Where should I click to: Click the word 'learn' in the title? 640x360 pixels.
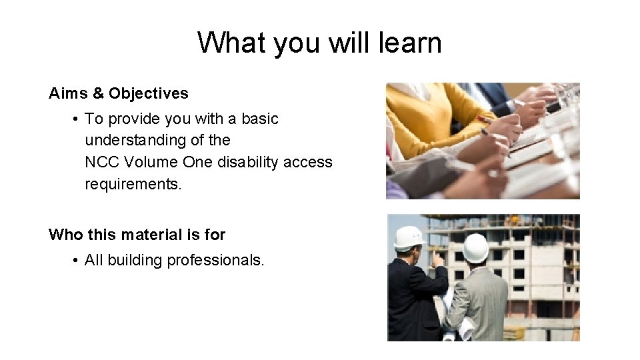(x=411, y=43)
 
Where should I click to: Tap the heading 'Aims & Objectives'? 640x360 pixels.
(x=119, y=93)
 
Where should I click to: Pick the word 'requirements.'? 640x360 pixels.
(x=133, y=183)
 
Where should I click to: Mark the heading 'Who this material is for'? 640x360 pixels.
(x=137, y=235)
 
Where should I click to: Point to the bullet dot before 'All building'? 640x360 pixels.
(x=77, y=260)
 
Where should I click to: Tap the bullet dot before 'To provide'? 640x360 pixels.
(x=77, y=119)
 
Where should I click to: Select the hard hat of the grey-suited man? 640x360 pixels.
(x=476, y=247)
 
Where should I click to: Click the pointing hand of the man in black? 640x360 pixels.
(x=437, y=255)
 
